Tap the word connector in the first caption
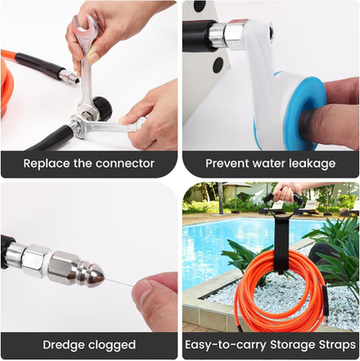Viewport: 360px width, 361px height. click(124, 163)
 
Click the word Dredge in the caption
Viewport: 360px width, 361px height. click(63, 345)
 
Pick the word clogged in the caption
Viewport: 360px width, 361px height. click(112, 345)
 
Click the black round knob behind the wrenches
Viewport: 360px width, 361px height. click(103, 109)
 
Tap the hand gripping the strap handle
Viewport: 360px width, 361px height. click(287, 192)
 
